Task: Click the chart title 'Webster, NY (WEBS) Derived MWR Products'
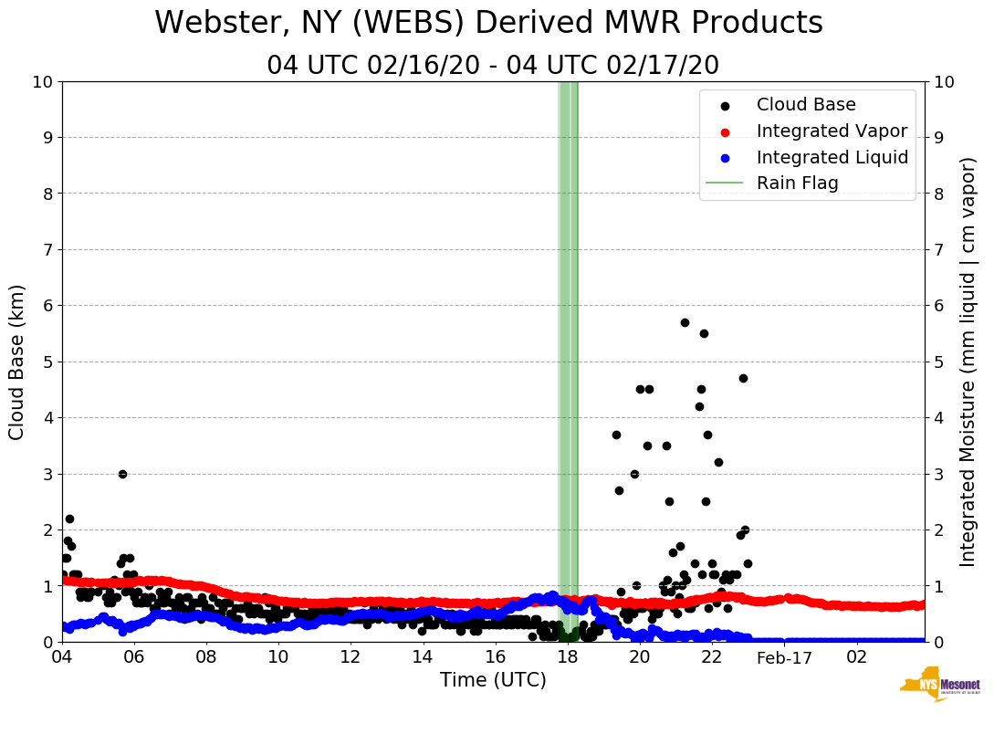(x=488, y=23)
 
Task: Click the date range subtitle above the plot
(x=493, y=66)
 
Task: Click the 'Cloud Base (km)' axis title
(x=17, y=362)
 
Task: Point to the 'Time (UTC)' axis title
(x=493, y=680)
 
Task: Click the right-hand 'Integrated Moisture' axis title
(x=968, y=362)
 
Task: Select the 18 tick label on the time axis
(x=568, y=657)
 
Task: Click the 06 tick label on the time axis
(x=134, y=657)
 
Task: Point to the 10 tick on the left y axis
(x=41, y=82)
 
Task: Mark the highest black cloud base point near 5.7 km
(x=685, y=322)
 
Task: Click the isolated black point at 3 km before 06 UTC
(x=122, y=474)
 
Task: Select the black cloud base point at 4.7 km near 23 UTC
(x=743, y=378)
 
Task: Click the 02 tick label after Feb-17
(x=856, y=657)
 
